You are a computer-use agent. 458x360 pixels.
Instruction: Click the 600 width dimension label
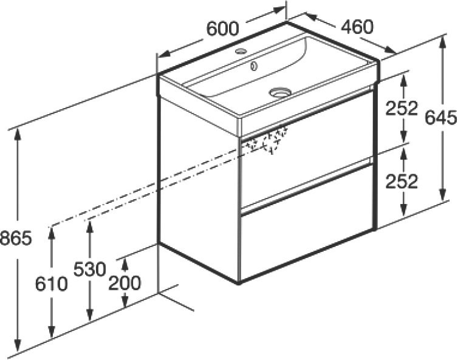pyautogui.click(x=222, y=28)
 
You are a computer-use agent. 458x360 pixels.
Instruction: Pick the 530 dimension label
pyautogui.click(x=89, y=268)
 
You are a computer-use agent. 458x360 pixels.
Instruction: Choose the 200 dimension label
pyautogui.click(x=126, y=283)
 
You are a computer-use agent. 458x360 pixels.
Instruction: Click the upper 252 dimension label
pyautogui.click(x=401, y=108)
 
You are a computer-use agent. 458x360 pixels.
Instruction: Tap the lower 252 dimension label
pyautogui.click(x=401, y=180)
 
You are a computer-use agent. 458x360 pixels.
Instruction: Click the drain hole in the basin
pyautogui.click(x=280, y=92)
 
